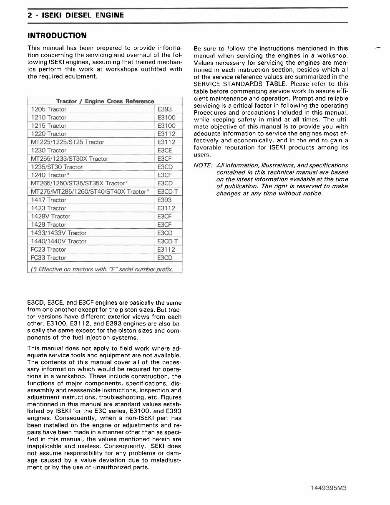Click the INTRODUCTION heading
57,35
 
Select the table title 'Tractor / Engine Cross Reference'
105,101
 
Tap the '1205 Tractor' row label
49,109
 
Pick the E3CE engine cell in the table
165,150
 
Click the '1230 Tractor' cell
49,150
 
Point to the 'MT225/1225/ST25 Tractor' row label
68,142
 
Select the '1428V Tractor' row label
51,216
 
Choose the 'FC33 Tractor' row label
49,258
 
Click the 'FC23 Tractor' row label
49,249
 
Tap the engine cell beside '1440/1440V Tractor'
168,241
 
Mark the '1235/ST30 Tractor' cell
57,167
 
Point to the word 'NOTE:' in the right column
203,166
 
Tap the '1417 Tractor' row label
49,200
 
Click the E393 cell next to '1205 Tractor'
165,109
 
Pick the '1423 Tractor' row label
49,208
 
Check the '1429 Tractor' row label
49,225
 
